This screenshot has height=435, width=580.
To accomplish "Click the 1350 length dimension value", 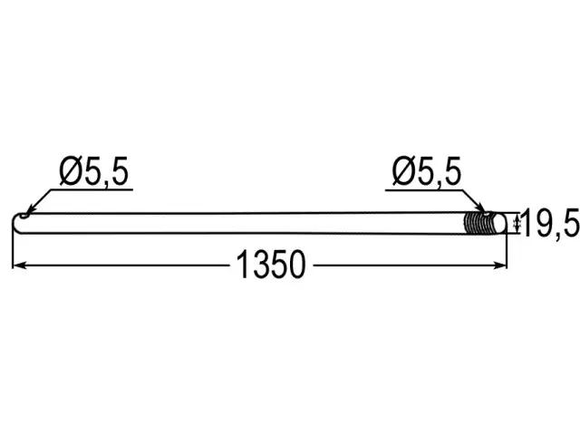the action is [271, 265].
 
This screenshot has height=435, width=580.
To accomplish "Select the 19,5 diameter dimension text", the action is [551, 223].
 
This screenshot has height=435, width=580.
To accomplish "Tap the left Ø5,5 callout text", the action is [94, 171].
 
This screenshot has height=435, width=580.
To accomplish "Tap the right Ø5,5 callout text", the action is [427, 171].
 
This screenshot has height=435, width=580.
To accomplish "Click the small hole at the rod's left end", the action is [24, 216].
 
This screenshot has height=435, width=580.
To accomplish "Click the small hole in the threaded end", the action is [488, 214].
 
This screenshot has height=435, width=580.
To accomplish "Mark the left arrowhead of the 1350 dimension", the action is [19, 265].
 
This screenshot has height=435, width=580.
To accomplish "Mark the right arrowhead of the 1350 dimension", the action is [499, 265].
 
